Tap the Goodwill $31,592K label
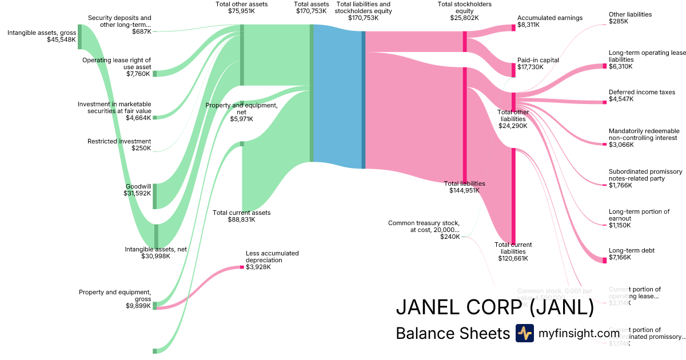138,190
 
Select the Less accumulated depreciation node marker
242,267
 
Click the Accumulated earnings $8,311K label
549,21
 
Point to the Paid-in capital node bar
513,69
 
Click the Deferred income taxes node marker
604,102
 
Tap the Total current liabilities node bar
513,195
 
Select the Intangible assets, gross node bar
80,37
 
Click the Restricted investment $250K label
119,145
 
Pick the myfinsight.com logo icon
524,333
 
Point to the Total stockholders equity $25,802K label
464,11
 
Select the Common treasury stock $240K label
424,230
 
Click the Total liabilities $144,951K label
464,187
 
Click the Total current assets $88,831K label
241,216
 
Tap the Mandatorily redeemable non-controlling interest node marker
604,144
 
